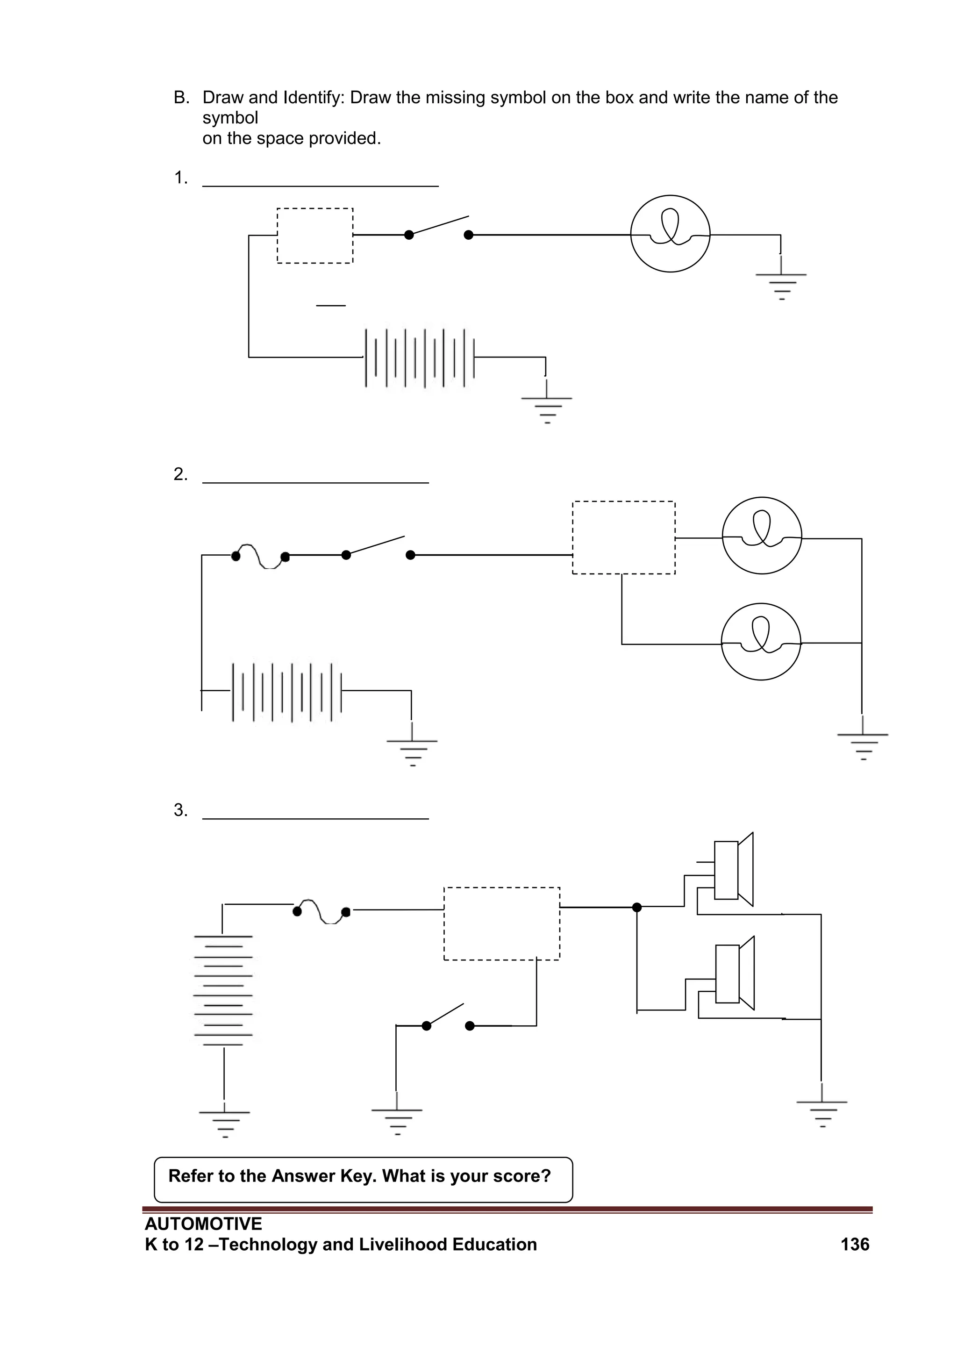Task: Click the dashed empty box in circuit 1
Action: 314,235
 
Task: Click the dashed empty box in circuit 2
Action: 623,537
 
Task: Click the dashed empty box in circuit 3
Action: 501,923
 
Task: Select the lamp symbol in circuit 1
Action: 670,234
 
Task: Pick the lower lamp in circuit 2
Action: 761,641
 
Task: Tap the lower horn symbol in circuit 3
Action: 734,974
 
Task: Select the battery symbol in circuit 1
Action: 420,358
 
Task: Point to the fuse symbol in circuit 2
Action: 260,556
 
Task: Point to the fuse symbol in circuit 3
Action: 321,911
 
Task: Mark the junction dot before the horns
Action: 636,907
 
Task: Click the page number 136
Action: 855,1244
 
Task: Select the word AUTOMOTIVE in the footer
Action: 203,1224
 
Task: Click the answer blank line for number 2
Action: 315,482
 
